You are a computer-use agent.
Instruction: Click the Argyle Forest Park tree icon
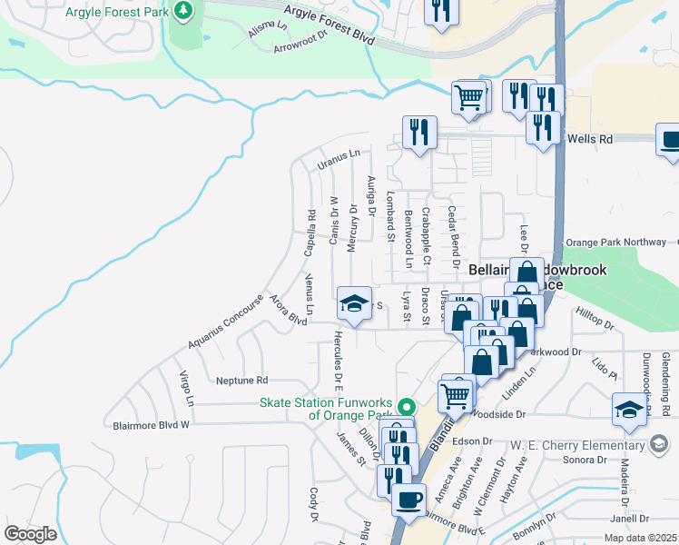185,11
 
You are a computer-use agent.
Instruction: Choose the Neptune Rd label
242,380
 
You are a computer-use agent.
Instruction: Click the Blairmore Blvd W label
151,424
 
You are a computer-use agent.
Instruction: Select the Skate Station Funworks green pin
407,407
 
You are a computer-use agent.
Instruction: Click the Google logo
30,534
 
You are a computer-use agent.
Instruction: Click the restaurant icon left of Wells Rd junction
419,133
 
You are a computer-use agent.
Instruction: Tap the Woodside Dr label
505,414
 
